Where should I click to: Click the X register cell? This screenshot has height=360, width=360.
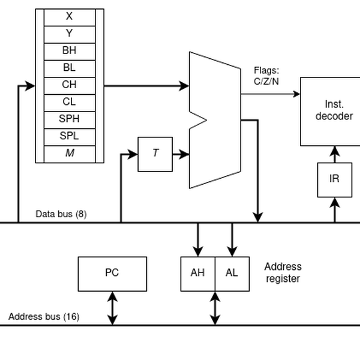point(69,17)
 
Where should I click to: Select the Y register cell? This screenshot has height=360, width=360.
point(69,34)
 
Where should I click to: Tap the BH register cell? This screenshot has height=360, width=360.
point(69,51)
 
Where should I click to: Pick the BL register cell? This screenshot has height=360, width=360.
point(69,68)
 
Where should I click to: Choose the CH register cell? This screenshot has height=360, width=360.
point(69,85)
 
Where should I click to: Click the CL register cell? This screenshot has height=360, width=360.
point(69,102)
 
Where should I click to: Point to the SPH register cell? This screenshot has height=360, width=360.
point(69,119)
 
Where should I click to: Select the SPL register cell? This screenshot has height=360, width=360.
point(69,136)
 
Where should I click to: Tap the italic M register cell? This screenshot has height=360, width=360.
point(69,154)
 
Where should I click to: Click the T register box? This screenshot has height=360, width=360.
point(155,154)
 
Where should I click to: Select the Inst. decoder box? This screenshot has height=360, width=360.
point(334,111)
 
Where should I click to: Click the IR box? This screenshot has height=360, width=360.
point(334,179)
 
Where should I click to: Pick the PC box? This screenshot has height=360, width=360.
point(112,274)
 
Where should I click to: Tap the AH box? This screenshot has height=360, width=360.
point(197,274)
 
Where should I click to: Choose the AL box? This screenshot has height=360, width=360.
point(232,274)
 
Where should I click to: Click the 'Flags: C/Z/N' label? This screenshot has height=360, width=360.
point(266,76)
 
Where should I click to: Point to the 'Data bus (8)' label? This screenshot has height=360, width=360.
point(61,214)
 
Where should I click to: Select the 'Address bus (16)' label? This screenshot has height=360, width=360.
point(44,316)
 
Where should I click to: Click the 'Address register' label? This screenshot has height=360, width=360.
point(283,272)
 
